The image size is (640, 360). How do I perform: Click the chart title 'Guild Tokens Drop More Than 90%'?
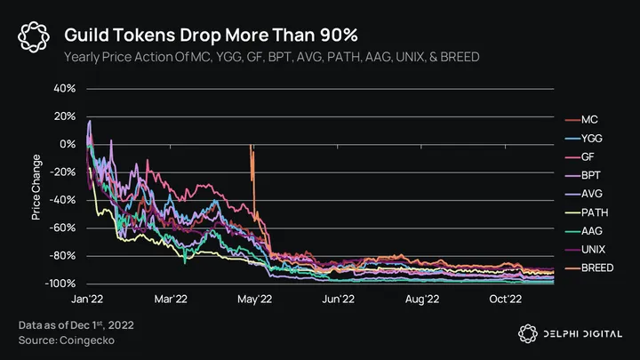(212, 36)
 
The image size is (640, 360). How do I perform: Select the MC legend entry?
(588, 120)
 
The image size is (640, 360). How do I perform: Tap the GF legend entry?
(588, 157)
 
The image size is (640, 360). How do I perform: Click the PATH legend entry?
(592, 213)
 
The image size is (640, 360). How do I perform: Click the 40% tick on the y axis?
(65, 89)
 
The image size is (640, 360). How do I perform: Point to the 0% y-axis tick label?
(68, 144)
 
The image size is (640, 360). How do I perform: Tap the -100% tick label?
(61, 284)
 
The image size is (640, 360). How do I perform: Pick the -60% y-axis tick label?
(63, 228)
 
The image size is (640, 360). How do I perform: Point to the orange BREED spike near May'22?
(253, 169)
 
